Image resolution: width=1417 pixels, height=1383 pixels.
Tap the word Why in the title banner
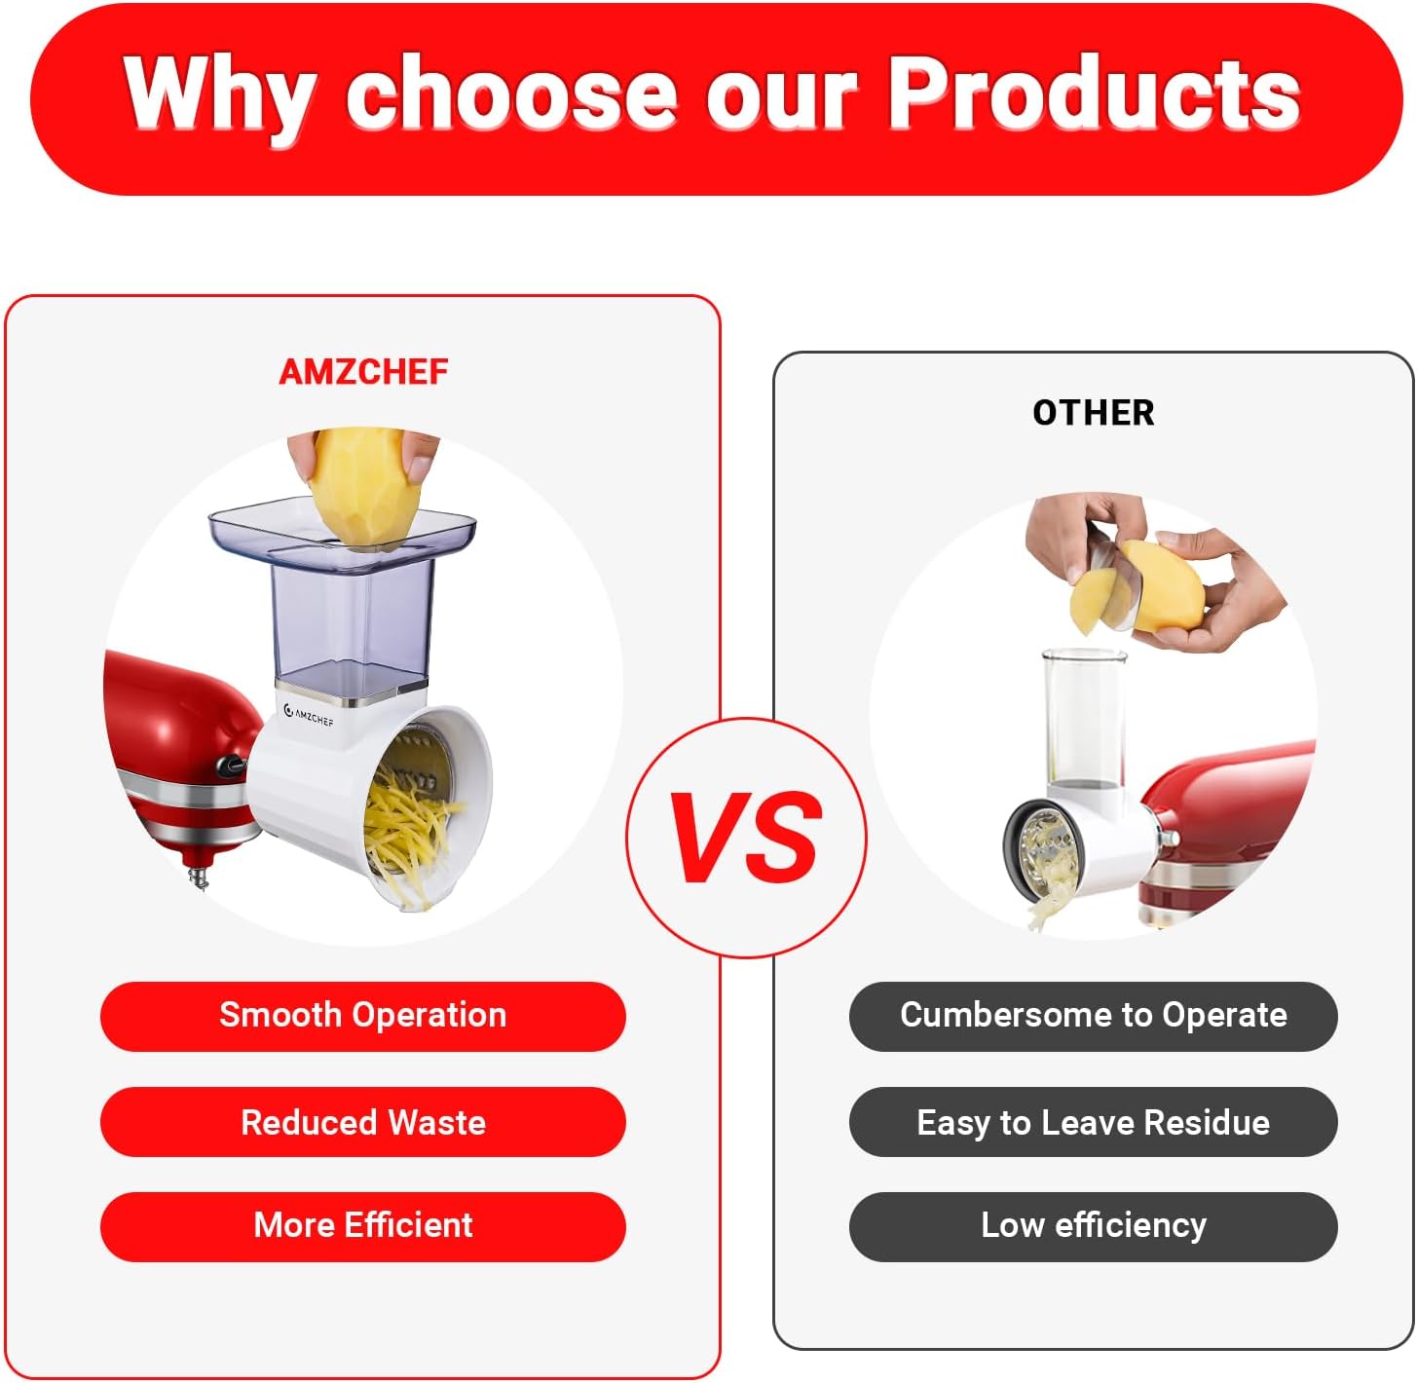coord(216,94)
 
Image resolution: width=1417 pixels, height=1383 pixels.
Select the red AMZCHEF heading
coord(363,372)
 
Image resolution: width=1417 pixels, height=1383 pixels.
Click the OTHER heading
coord(1093,413)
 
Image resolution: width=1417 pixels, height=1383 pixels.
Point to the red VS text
coord(746,838)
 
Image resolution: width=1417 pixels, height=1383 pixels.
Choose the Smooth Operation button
coord(362,1016)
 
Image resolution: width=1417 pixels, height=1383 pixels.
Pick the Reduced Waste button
coord(362,1122)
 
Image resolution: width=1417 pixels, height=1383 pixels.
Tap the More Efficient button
coord(362,1225)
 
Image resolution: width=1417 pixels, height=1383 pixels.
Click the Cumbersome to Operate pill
coord(1093,1016)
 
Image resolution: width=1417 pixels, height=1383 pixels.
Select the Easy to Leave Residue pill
coord(1093,1122)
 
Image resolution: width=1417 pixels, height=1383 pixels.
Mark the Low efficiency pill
coord(1093,1225)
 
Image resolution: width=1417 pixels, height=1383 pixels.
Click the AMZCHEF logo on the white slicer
coord(309,716)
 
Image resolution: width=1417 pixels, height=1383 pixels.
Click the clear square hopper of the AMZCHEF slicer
coord(351,604)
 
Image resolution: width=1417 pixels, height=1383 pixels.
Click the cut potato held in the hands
coord(1139,589)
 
